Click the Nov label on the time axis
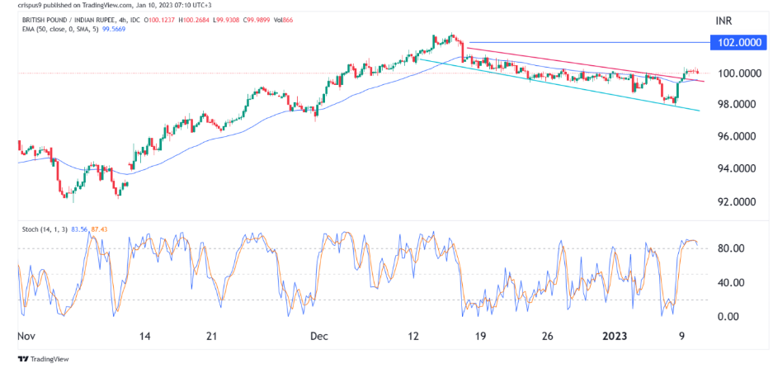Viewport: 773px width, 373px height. click(26, 337)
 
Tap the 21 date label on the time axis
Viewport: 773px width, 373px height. click(212, 337)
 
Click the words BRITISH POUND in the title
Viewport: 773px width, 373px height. click(48, 18)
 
